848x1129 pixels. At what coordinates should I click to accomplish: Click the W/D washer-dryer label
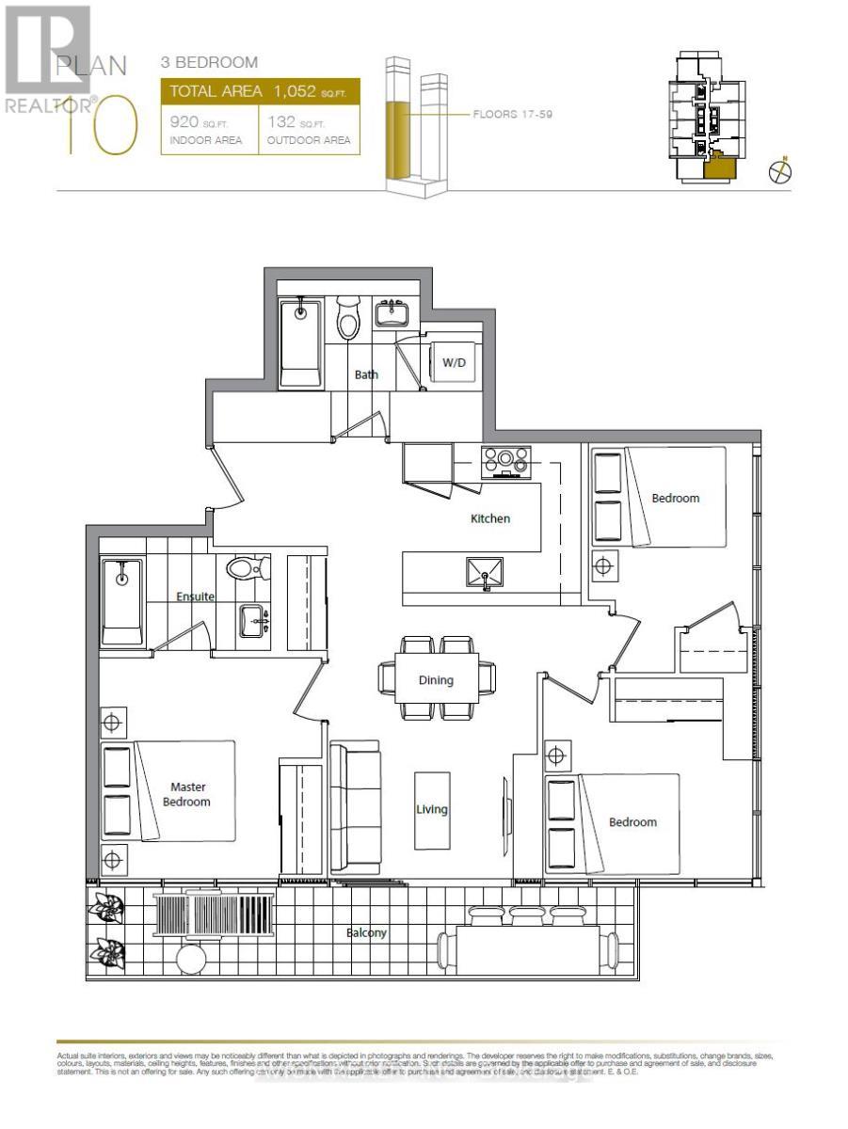(454, 362)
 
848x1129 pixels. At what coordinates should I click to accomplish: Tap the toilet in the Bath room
(348, 321)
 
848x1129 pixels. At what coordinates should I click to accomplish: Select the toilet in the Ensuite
(246, 568)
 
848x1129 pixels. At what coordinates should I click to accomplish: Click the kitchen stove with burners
(506, 460)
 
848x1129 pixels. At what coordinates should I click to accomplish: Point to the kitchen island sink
(485, 572)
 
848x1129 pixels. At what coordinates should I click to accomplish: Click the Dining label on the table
(436, 680)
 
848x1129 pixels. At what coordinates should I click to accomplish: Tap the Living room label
(432, 809)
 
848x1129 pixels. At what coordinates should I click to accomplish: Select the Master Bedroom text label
(188, 794)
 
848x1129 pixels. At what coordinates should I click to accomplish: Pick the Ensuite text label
(195, 596)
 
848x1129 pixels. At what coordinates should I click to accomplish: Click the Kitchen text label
(490, 518)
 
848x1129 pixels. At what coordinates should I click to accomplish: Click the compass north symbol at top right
(780, 171)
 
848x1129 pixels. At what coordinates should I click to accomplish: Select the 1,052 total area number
(296, 91)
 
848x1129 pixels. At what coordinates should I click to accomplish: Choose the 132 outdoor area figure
(282, 122)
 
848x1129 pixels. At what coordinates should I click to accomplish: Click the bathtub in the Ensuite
(121, 602)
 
